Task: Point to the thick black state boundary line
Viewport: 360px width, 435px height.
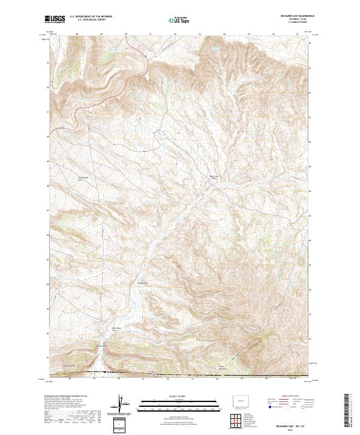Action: coord(180,375)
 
